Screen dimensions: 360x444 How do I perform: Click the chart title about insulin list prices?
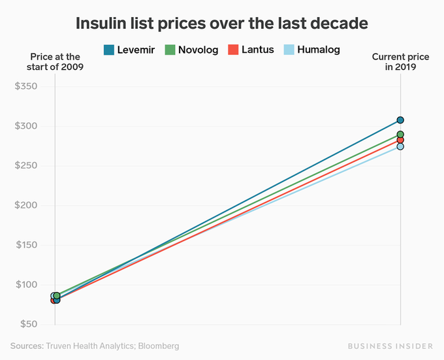pos(222,24)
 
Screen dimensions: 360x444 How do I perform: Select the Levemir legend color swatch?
pos(109,50)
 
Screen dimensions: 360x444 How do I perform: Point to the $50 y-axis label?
pos(26,324)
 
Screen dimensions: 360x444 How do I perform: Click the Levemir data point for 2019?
pos(400,120)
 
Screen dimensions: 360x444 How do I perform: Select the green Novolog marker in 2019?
pos(400,135)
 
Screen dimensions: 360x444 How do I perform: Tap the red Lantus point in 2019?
pos(400,140)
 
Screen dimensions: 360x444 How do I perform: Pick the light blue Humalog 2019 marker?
pos(400,147)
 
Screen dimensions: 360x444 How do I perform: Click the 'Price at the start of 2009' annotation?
pos(54,62)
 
